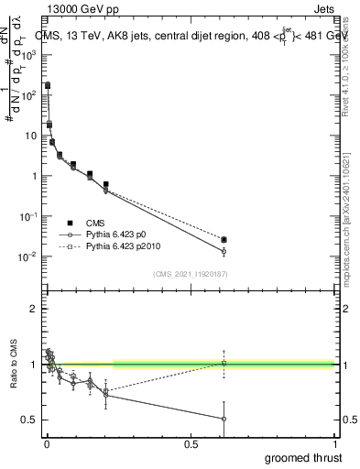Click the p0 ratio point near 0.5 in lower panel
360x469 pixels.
pos(224,419)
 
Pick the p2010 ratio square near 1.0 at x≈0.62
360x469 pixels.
pos(224,364)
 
